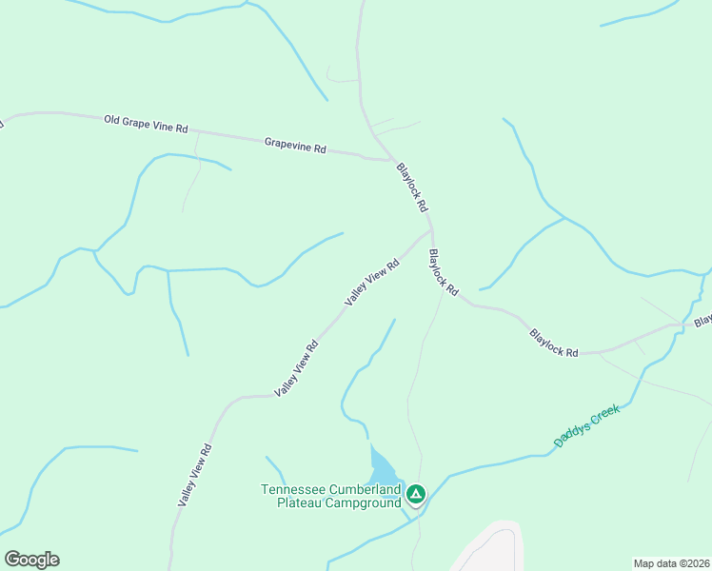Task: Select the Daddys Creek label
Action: [x=586, y=425]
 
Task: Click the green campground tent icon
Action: [x=416, y=493]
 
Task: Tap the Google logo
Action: [x=31, y=560]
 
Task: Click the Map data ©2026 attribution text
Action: [x=671, y=563]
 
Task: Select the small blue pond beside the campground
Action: [x=382, y=466]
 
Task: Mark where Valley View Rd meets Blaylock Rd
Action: [x=431, y=228]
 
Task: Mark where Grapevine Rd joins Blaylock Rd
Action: [x=384, y=158]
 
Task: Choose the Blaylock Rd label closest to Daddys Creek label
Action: [x=554, y=343]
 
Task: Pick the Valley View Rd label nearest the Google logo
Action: [x=194, y=474]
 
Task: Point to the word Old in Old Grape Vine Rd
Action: [x=113, y=119]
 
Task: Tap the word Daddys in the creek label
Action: [x=570, y=434]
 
